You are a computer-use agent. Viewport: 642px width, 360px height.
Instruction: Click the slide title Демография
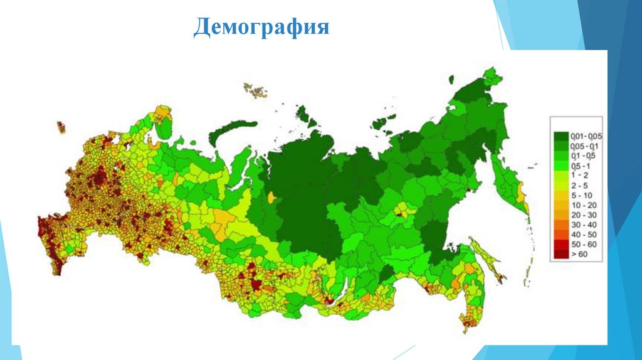(261, 28)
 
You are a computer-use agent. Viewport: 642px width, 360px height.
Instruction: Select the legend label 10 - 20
(582, 205)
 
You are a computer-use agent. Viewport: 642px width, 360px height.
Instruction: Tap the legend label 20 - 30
(582, 215)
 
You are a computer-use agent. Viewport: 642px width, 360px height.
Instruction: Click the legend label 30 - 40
(582, 225)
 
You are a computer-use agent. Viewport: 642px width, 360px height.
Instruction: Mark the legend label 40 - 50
(582, 235)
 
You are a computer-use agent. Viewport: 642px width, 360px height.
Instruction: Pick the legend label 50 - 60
(582, 245)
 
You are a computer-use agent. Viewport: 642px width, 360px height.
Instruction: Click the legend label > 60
(580, 255)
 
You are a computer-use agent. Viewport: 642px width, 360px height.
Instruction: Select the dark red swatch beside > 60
(560, 255)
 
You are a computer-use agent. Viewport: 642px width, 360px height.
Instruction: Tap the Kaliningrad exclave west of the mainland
(61, 127)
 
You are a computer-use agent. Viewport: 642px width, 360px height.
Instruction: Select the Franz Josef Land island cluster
(255, 90)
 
